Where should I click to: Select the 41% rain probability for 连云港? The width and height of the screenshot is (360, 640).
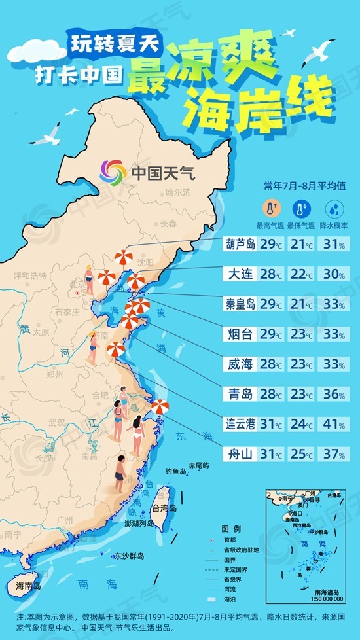point(334,423)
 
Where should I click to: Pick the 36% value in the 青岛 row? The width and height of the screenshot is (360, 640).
point(334,394)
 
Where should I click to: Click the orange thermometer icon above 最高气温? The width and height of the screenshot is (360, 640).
point(268,209)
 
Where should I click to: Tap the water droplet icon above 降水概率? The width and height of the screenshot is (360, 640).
point(334,209)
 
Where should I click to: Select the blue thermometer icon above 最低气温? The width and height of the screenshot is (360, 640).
point(301,209)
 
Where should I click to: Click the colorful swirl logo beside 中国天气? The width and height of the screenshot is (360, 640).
point(113,172)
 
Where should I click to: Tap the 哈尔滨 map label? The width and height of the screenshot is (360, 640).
point(177,193)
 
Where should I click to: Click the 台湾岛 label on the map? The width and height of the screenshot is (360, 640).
point(164,508)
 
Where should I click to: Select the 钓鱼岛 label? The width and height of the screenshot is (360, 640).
point(176,471)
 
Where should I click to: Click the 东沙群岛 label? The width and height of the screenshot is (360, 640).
point(128,556)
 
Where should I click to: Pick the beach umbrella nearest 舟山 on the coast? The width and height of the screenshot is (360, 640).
point(160,408)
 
